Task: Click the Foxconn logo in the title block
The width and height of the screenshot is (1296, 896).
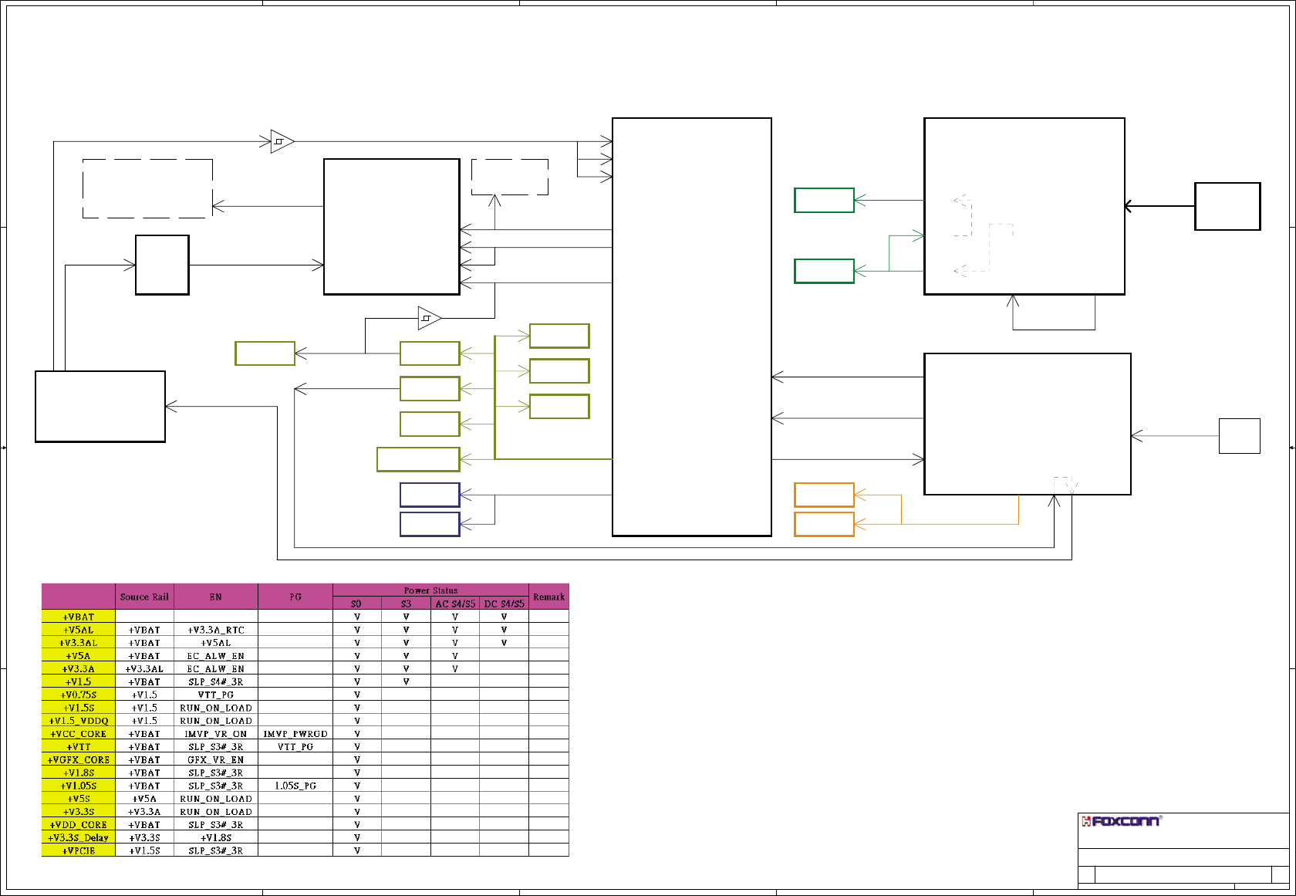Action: click(x=1122, y=821)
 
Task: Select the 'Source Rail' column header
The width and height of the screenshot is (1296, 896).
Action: click(x=144, y=597)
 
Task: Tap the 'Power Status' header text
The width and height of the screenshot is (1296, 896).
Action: click(x=430, y=590)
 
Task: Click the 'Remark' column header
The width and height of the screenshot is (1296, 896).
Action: click(x=548, y=597)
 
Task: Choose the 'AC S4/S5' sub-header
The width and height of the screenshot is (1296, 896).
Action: click(x=455, y=604)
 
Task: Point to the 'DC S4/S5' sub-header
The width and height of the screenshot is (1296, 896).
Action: click(x=504, y=604)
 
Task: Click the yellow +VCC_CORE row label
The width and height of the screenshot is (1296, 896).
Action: click(x=78, y=734)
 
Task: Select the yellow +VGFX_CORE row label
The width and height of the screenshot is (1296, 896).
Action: click(x=78, y=760)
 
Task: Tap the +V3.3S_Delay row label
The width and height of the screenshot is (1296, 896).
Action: click(x=78, y=837)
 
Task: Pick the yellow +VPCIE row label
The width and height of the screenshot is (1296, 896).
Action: click(x=78, y=850)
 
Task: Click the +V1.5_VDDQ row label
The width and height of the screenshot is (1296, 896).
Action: click(x=78, y=721)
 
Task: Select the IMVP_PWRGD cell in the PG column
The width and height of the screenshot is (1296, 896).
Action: click(x=295, y=734)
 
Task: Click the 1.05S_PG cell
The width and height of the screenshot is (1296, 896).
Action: click(x=295, y=786)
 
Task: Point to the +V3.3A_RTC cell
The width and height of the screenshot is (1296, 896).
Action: click(x=216, y=630)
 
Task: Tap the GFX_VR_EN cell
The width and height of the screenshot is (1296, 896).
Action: click(x=216, y=760)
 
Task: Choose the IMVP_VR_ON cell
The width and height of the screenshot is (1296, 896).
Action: click(x=216, y=734)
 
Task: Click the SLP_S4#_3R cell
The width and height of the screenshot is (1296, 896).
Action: click(x=216, y=682)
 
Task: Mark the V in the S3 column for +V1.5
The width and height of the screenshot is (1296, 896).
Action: click(x=406, y=682)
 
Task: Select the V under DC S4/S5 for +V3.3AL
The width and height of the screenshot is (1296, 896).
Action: click(x=504, y=643)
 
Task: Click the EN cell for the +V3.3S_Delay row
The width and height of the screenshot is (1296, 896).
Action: click(x=216, y=837)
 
